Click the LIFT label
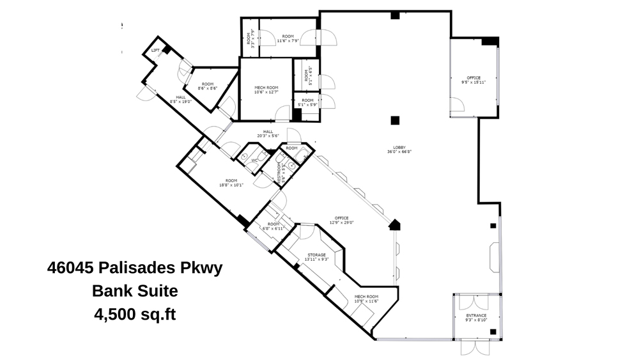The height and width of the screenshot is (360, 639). tap(155, 51)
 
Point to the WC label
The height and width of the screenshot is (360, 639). tap(254, 160)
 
